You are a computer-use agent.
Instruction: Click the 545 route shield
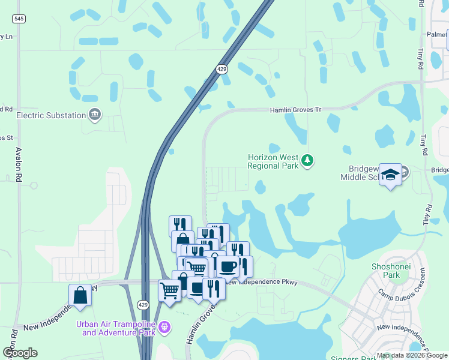click(x=20, y=19)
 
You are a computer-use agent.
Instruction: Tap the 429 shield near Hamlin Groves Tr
click(x=222, y=70)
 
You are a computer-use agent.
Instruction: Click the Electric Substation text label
click(x=52, y=115)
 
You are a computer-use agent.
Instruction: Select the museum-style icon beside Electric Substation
click(x=94, y=115)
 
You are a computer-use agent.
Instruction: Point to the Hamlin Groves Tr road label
click(x=295, y=110)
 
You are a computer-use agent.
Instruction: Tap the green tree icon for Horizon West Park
click(x=307, y=160)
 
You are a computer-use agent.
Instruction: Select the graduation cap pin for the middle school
click(x=390, y=175)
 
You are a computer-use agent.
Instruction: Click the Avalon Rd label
click(x=19, y=165)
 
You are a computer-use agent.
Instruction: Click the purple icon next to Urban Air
click(x=164, y=328)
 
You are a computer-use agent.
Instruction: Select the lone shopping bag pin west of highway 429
click(x=80, y=296)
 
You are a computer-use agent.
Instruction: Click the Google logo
click(x=20, y=353)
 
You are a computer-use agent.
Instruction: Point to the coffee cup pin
click(x=228, y=266)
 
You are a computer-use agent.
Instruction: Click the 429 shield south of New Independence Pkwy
click(x=142, y=304)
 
